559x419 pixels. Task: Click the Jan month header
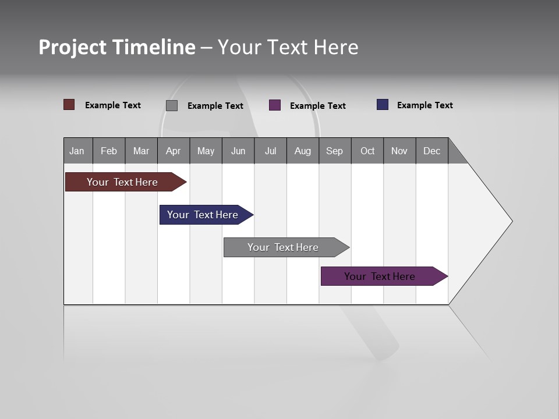click(77, 151)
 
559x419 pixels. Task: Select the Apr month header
click(173, 151)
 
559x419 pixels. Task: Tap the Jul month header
click(270, 151)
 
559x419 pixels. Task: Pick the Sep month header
click(334, 151)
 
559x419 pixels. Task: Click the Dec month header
click(431, 151)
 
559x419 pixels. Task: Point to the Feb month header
click(109, 151)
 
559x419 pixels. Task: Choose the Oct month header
click(367, 151)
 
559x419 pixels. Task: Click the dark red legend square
click(69, 105)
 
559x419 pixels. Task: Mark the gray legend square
click(172, 105)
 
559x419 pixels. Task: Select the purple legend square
click(275, 105)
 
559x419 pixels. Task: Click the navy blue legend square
click(383, 105)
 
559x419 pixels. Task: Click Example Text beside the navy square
click(424, 105)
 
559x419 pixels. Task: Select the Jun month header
click(238, 151)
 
